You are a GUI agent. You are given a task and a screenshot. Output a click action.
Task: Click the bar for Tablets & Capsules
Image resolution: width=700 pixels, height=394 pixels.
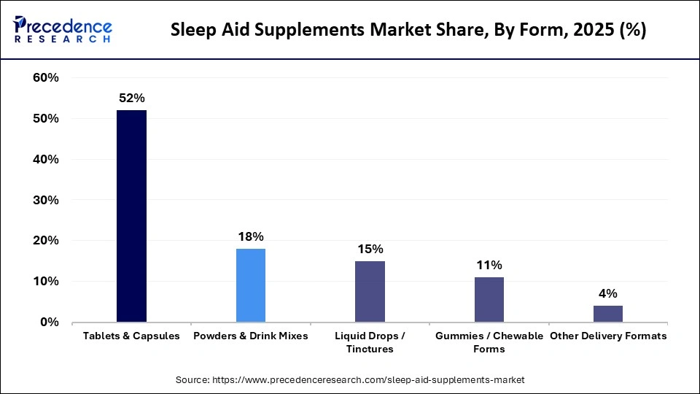click(131, 216)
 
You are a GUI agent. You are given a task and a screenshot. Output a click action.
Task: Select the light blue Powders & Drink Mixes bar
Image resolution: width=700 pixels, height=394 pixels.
click(250, 285)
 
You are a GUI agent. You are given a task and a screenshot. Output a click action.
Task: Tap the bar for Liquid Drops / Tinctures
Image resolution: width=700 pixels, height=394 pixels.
click(370, 291)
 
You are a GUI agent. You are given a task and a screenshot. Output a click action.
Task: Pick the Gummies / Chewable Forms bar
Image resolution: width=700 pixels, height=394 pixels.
click(489, 299)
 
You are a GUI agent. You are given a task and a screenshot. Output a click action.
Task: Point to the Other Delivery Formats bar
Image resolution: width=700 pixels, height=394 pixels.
click(607, 314)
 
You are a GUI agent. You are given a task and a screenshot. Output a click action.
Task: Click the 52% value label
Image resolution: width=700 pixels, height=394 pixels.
click(131, 98)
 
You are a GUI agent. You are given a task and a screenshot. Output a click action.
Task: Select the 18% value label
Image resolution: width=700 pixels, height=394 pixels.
click(250, 236)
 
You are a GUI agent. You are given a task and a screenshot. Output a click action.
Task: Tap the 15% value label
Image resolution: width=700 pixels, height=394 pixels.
click(370, 249)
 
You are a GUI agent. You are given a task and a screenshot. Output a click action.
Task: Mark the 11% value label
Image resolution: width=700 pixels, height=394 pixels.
click(489, 265)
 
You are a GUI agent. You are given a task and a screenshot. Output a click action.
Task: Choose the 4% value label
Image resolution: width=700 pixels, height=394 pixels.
click(607, 293)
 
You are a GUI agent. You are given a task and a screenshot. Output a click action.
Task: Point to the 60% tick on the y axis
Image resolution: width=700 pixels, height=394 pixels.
click(46, 77)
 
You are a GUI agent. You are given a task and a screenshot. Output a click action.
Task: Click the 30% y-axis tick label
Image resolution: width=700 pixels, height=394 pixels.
click(46, 200)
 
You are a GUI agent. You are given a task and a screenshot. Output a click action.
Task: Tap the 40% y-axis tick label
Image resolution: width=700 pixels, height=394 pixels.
click(46, 159)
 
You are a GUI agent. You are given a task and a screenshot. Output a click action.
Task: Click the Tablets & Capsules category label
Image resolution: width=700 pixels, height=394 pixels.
click(131, 336)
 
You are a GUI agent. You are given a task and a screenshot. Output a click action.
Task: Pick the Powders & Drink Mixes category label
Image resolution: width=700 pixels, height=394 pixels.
click(250, 336)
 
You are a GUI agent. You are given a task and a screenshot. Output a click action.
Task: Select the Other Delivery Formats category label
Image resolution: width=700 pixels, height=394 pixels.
click(608, 336)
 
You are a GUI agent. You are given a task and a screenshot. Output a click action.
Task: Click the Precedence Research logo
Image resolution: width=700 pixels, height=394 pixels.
click(63, 30)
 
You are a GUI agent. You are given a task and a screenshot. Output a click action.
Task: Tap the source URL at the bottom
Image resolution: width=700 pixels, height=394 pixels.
click(350, 380)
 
